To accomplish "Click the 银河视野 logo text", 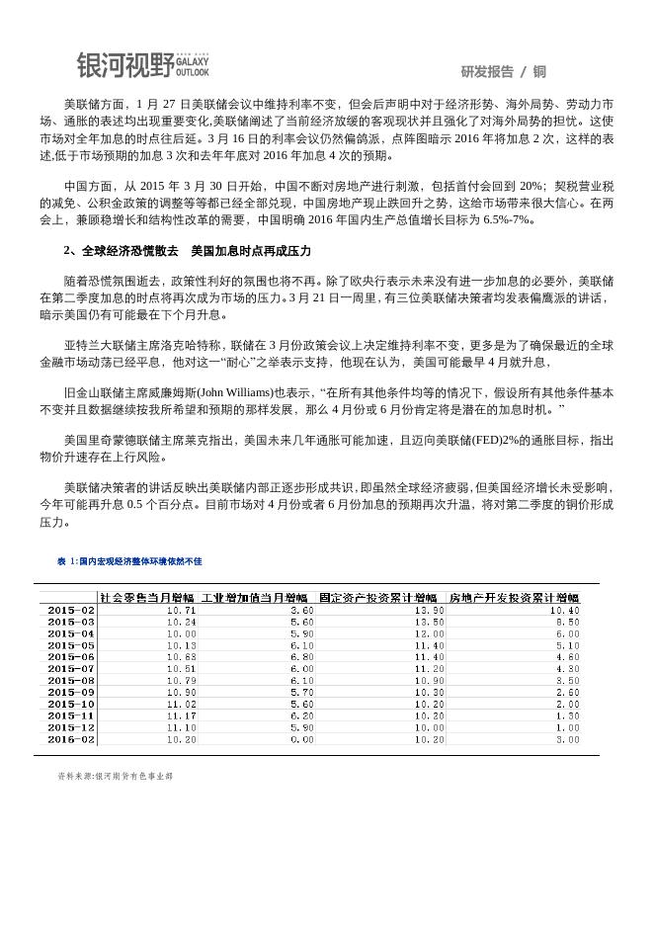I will tap(124, 65).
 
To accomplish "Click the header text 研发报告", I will tap(486, 71).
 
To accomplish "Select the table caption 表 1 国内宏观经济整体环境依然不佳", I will tap(129, 561).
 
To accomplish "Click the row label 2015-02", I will tap(71, 611).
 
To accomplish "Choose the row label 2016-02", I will tap(71, 739).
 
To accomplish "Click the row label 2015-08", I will tap(71, 681).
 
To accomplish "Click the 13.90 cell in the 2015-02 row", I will tap(430, 611).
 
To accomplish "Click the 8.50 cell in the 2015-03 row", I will tap(568, 623).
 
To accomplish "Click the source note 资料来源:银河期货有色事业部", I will tap(116, 777).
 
